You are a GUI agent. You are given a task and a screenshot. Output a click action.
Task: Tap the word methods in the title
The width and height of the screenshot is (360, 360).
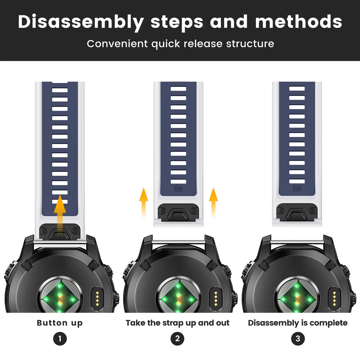coord(299,21)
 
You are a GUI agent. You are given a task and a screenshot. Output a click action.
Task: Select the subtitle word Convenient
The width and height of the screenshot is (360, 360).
coord(117,44)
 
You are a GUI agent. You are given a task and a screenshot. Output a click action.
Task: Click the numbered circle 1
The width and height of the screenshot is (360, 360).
coord(60,339)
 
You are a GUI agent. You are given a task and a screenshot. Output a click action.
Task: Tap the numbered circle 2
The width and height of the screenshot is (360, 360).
coord(178,339)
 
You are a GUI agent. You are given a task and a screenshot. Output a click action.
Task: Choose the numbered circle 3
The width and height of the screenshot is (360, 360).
coord(298,339)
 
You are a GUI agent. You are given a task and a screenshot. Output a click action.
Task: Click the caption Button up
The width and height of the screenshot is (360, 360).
coord(60,323)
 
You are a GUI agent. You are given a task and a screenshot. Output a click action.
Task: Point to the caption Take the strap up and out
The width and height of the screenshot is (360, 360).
coord(178,323)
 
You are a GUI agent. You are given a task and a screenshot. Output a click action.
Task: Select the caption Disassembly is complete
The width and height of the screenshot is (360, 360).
coord(298,323)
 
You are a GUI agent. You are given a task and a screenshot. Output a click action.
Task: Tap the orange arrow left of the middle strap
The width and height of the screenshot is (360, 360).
coord(144,202)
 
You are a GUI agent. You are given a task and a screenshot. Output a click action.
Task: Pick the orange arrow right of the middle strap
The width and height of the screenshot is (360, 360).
coord(213,202)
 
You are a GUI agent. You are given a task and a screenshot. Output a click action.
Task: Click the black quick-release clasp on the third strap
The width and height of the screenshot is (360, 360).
coord(297,212)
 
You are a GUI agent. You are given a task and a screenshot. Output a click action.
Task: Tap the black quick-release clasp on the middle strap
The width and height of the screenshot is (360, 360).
coord(178,212)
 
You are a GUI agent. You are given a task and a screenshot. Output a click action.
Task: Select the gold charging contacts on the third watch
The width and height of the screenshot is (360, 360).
coord(334,298)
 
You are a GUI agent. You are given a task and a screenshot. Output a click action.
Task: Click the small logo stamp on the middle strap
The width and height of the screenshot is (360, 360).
coord(178,189)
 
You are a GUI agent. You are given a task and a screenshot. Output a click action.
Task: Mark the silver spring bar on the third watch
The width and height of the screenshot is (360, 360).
coord(297,242)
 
